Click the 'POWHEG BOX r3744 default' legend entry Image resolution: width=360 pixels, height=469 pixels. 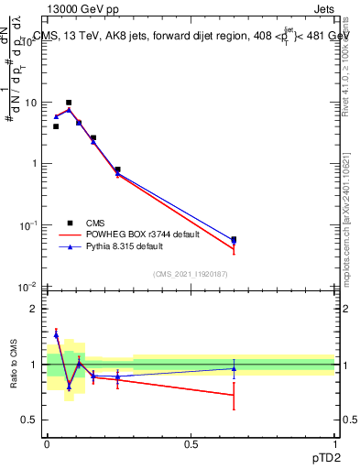point(127,234)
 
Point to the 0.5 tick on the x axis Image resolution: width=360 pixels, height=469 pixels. point(191,443)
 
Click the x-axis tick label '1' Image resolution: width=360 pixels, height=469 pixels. point(334,443)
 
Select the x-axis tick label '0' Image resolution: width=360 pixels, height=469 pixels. point(47,443)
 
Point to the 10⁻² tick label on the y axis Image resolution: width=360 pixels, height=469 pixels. point(28,286)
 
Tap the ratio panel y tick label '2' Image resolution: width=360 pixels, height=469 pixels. point(34,309)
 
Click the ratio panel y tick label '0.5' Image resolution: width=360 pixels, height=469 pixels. point(30,420)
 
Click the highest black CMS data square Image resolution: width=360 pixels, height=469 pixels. point(69,103)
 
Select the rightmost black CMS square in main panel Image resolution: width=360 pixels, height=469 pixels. point(234,239)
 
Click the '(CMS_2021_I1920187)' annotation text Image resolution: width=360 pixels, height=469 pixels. point(190,274)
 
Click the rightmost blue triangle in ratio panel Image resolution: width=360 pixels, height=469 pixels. point(234,368)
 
